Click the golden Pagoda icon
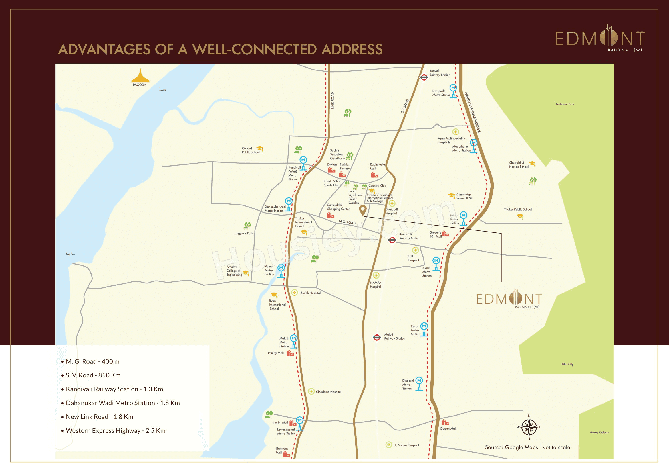[x=140, y=76]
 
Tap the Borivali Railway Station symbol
[x=424, y=77]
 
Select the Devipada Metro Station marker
[x=453, y=91]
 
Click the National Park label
[x=565, y=104]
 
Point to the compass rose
[x=529, y=427]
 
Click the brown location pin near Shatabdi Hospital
[x=362, y=209]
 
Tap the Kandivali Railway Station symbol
[x=392, y=240]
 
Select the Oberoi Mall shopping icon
[x=445, y=422]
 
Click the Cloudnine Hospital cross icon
[x=311, y=391]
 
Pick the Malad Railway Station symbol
[x=377, y=337]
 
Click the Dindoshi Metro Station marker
[x=419, y=383]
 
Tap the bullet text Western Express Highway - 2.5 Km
[x=115, y=430]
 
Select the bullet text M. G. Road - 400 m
[x=92, y=361]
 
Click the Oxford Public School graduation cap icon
[x=260, y=149]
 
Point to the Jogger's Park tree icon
[x=247, y=226]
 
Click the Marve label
[x=70, y=254]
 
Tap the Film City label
[x=567, y=364]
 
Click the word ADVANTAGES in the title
[x=104, y=49]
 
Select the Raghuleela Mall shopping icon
[x=374, y=175]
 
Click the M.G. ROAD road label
[x=347, y=222]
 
